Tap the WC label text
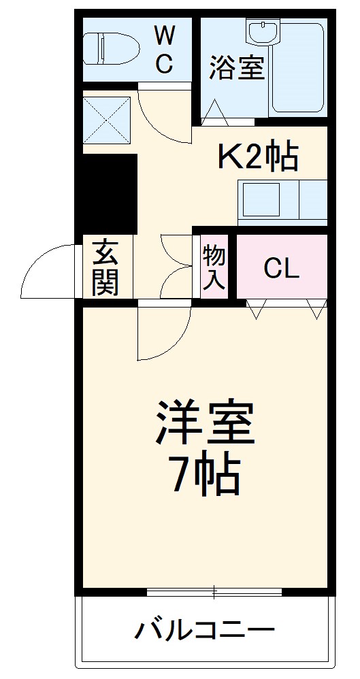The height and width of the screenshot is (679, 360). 165,48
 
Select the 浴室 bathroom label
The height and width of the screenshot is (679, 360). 236,67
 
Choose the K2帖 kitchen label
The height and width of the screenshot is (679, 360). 257,157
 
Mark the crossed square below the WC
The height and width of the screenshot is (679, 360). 107,119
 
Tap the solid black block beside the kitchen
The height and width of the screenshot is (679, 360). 106,194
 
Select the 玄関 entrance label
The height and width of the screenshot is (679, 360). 106,267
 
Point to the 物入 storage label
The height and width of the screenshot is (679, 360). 214,267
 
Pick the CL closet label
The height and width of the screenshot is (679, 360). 281,269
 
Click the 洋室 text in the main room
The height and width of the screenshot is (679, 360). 206,423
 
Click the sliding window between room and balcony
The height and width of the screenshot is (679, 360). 214,593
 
